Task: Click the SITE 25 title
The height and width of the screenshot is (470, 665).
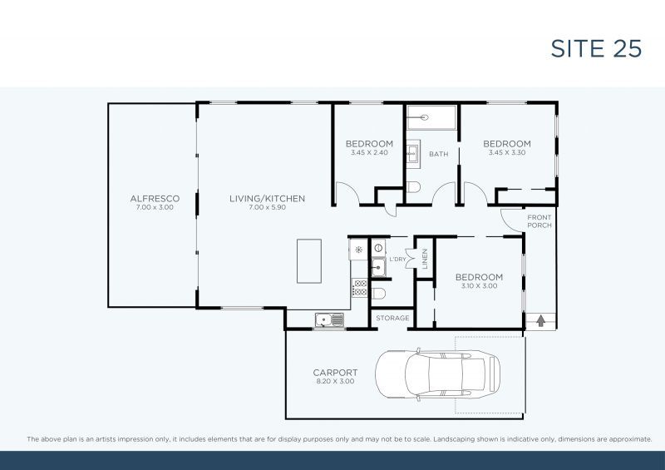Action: (596, 48)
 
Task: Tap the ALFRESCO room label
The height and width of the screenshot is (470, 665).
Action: (155, 198)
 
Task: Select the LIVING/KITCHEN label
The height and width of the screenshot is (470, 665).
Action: (268, 198)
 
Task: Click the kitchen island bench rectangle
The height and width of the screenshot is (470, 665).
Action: (309, 261)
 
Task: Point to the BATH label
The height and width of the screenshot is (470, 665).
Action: (438, 154)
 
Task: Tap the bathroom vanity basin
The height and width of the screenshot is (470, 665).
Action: (413, 154)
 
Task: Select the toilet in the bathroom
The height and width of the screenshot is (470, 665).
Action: (415, 186)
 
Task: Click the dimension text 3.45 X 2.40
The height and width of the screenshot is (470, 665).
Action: (370, 153)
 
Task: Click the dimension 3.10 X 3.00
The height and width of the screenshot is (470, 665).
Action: (478, 286)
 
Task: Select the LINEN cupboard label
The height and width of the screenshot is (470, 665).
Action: (424, 259)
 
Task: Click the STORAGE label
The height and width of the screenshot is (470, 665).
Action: (392, 319)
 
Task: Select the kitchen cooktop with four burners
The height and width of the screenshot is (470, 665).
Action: (360, 288)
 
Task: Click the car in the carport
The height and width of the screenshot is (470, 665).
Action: (437, 374)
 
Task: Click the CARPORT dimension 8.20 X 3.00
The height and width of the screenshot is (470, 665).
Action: (335, 381)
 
